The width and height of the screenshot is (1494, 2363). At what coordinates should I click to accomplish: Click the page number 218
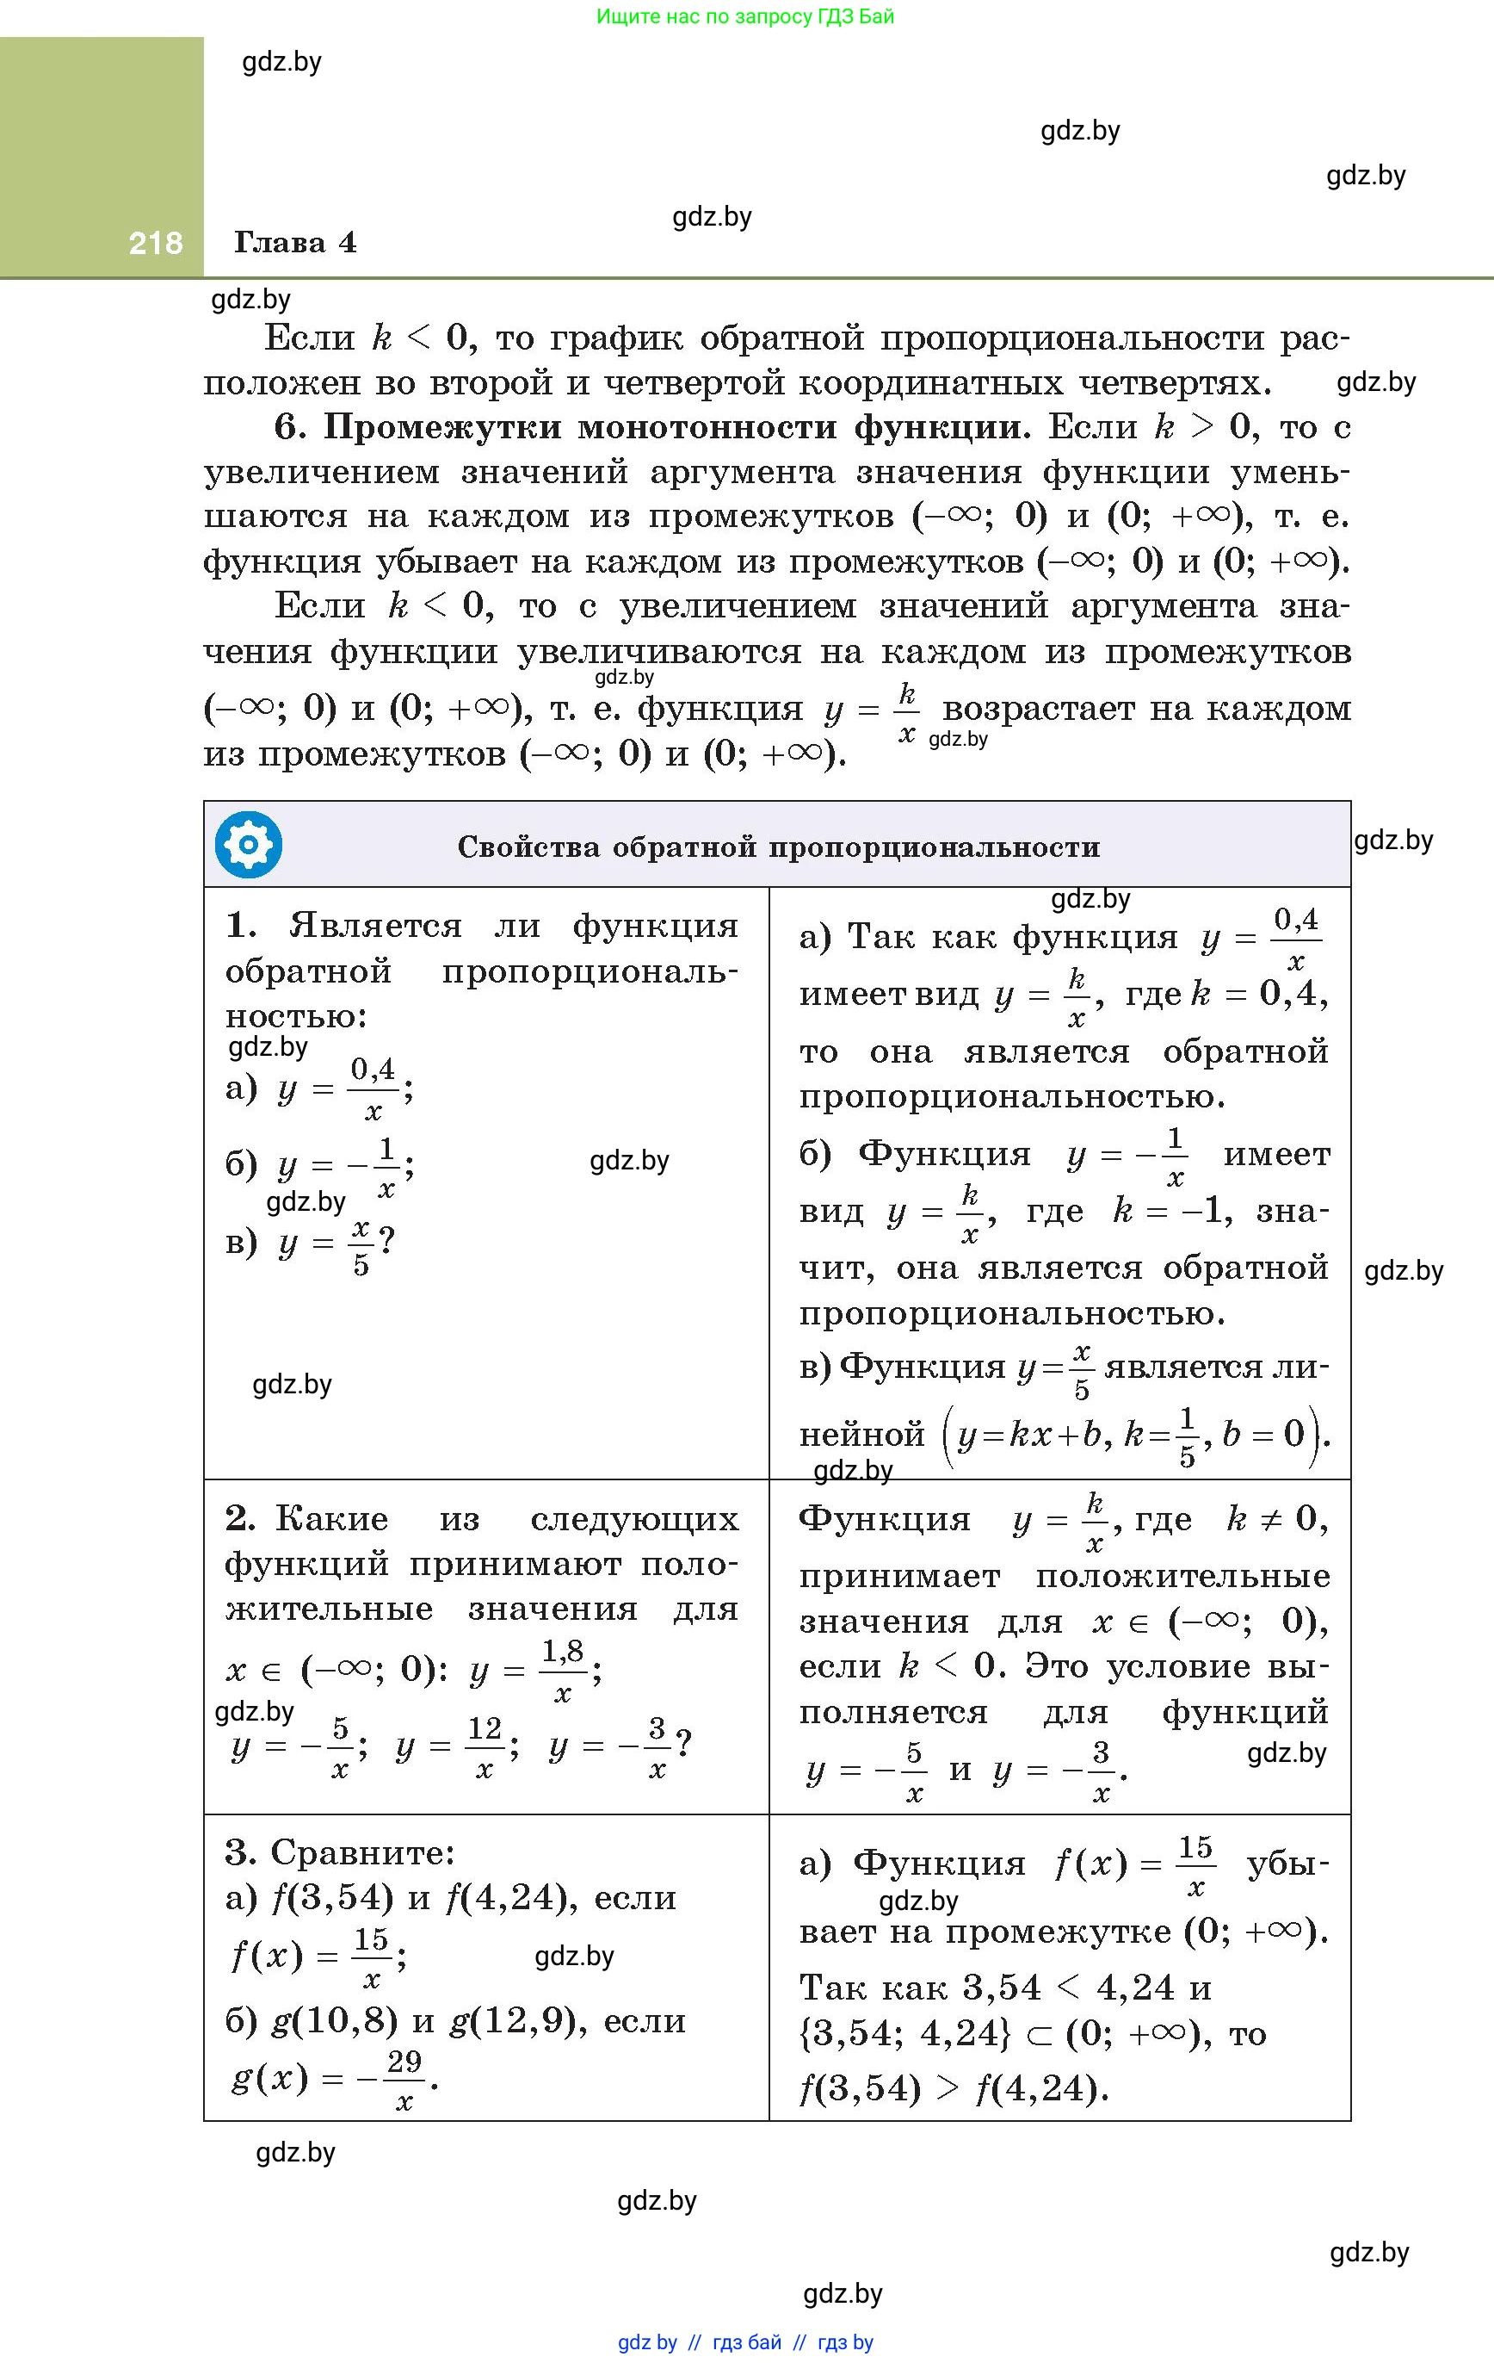tap(155, 242)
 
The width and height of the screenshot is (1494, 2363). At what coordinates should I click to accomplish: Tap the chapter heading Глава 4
tap(295, 242)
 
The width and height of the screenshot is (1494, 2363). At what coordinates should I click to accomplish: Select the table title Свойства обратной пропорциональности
tap(779, 847)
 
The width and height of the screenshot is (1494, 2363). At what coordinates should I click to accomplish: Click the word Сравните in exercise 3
tap(362, 1852)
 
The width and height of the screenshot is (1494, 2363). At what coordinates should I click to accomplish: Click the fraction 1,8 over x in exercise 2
tap(563, 1670)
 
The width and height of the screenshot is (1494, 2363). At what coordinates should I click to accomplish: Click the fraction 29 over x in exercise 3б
tap(403, 2080)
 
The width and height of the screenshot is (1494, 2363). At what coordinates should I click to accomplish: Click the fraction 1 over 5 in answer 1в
tap(1187, 1436)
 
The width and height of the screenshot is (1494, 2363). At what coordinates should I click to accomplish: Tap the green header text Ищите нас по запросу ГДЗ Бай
tap(745, 16)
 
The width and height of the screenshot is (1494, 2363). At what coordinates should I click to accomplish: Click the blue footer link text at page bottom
tap(745, 2342)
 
